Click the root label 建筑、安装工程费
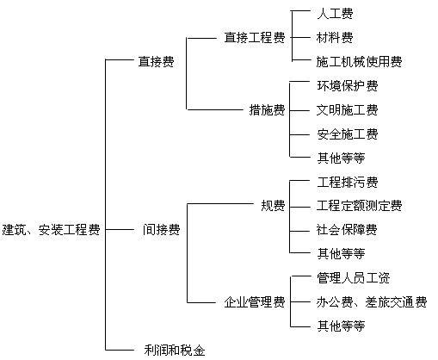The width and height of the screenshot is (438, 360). click(51, 230)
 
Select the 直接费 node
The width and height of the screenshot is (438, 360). click(157, 61)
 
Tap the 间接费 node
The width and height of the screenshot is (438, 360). click(162, 230)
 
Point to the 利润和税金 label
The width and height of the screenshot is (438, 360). click(175, 351)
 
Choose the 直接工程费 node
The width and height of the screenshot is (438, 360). click(255, 38)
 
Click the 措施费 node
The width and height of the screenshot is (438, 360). click(267, 110)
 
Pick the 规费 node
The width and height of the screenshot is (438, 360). click(273, 206)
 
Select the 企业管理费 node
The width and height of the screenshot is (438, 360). click(255, 302)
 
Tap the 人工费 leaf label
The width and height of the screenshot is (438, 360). click(335, 14)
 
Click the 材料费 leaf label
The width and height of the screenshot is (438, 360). click(335, 38)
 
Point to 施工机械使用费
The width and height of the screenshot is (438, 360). click(360, 62)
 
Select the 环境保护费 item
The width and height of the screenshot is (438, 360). click(348, 86)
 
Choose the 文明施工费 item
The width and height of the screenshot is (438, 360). click(348, 110)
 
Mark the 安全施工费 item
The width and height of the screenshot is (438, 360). click(348, 134)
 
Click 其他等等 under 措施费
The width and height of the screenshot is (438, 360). click(341, 158)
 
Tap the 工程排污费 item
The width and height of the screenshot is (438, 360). click(348, 182)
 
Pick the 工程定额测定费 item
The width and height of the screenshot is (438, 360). click(360, 206)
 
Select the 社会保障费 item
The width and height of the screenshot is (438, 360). click(347, 230)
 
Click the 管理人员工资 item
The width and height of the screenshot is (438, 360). click(354, 278)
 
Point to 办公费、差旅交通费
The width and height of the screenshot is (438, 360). click(372, 302)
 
